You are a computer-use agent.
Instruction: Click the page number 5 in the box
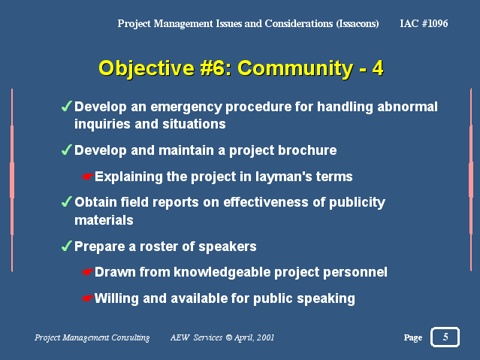pos(445,337)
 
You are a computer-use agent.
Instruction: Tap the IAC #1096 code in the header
pos(424,23)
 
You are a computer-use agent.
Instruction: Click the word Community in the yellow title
pos(295,68)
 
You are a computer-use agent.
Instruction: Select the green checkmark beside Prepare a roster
pos(67,246)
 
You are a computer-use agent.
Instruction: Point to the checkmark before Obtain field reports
pos(67,202)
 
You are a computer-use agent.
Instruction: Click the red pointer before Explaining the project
pos(88,177)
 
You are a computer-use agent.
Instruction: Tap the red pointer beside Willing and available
pos(88,298)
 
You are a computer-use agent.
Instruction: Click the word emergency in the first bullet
pos(186,107)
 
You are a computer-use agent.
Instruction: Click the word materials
pos(104,220)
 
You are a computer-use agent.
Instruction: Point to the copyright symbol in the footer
pos(228,337)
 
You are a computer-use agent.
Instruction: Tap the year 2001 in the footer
pos(265,337)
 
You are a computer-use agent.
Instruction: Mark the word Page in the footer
pos(413,337)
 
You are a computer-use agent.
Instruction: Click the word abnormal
pos(407,107)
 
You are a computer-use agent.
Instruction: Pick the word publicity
pos(357,202)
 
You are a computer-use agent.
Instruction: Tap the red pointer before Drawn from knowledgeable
pos(88,272)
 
